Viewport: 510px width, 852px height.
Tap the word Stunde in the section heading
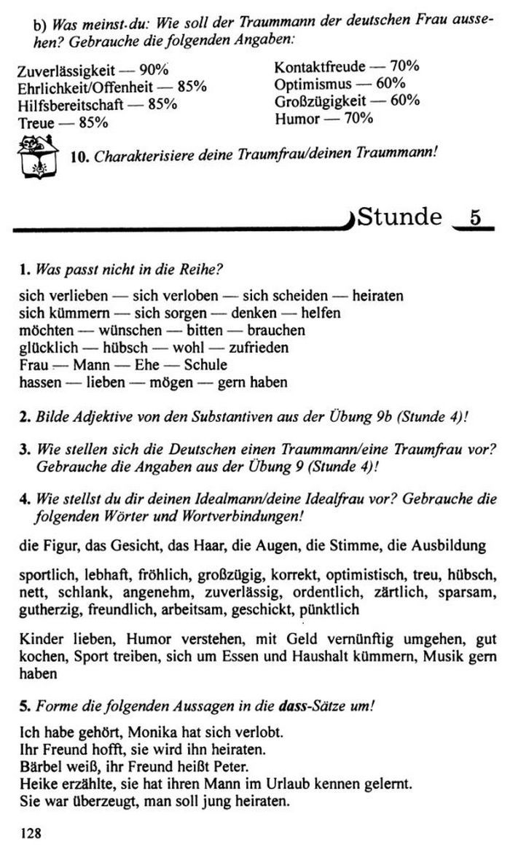pos(401,217)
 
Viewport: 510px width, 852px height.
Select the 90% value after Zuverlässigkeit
pos(154,71)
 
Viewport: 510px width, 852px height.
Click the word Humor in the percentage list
pos(297,118)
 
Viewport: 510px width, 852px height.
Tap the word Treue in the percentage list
pos(36,123)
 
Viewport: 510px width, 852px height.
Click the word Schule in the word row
pos(205,364)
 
